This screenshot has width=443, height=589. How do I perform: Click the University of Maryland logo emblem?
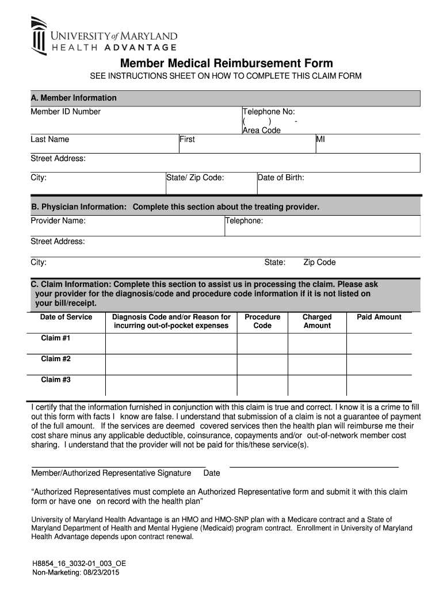(39, 35)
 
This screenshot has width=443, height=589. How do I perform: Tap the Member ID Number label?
(66, 112)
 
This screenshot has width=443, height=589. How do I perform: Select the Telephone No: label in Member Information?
(269, 112)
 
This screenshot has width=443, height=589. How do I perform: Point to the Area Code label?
(262, 131)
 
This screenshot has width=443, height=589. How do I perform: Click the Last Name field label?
(50, 139)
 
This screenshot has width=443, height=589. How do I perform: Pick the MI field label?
(321, 139)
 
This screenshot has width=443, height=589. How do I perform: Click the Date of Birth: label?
(281, 177)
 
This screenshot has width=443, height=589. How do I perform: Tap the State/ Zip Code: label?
(195, 177)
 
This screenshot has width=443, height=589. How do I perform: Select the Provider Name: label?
(58, 221)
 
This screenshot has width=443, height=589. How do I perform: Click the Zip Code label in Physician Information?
(319, 262)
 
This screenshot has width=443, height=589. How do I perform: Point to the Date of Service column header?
(66, 317)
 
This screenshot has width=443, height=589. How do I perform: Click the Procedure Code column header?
(262, 321)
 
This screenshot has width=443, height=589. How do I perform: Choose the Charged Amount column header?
(317, 321)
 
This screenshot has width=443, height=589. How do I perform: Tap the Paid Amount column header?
(379, 317)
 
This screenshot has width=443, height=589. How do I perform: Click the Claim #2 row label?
(55, 359)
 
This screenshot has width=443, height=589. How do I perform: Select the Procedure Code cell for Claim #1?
(262, 343)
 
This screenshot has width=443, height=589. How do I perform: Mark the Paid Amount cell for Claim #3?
(379, 385)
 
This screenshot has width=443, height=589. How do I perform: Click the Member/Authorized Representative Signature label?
(111, 473)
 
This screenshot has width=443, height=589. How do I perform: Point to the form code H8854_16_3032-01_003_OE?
(79, 564)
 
